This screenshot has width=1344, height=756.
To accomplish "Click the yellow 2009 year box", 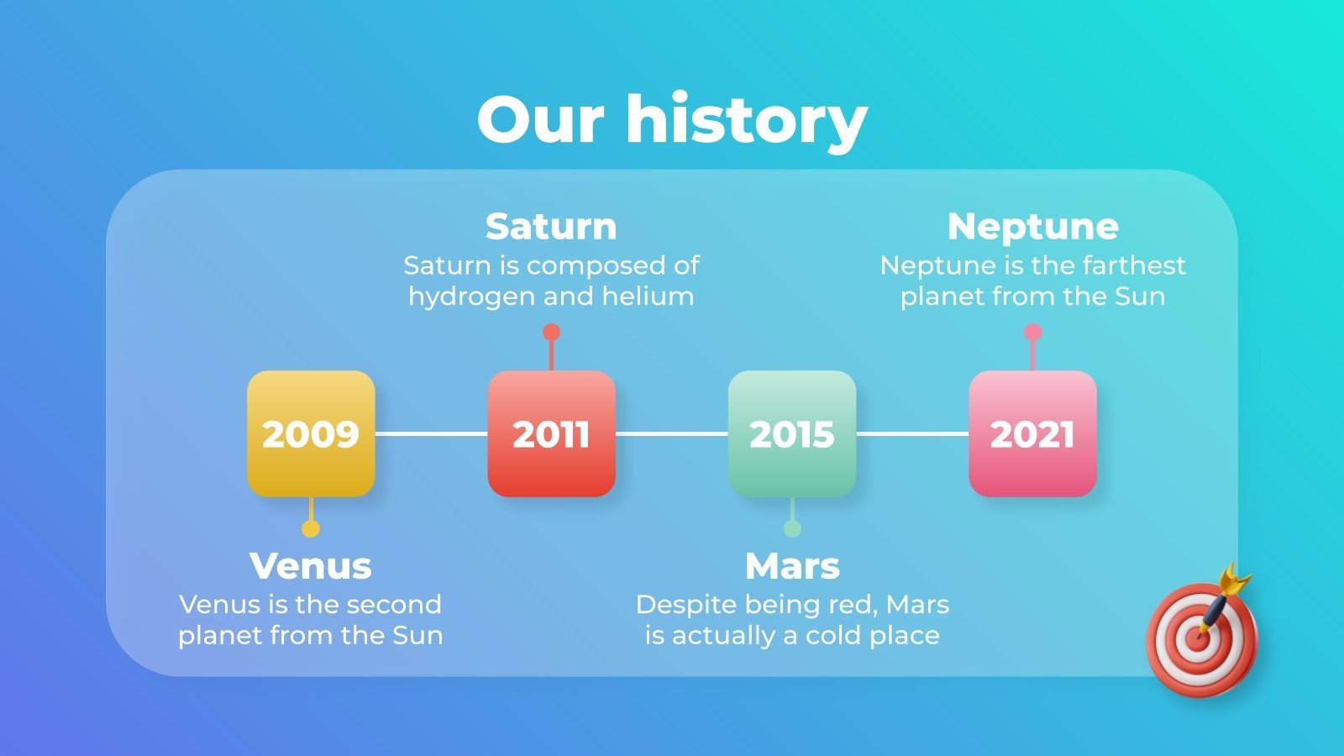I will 311,433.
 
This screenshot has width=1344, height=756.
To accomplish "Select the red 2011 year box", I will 551,433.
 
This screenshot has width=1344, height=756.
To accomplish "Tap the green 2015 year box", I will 791,433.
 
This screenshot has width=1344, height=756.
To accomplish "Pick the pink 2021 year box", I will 1032,433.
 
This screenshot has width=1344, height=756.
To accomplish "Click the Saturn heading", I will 551,227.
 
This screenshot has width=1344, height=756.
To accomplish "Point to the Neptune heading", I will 1032,227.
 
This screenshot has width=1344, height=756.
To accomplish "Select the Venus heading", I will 311,566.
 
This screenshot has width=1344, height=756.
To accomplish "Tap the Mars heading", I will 792,566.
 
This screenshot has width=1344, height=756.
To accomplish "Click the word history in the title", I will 746,119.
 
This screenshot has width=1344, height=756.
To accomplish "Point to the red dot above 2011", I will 551,333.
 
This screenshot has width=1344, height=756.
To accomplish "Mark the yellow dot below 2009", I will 311,528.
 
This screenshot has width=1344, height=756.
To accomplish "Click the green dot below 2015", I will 792,528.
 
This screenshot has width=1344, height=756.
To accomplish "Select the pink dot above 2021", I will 1032,333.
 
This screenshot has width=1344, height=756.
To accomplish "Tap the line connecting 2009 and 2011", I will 431,433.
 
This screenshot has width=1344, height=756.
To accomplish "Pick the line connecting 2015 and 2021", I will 912,433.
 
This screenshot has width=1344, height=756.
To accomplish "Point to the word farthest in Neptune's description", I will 1134,266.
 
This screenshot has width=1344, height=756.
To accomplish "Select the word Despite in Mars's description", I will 674,605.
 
